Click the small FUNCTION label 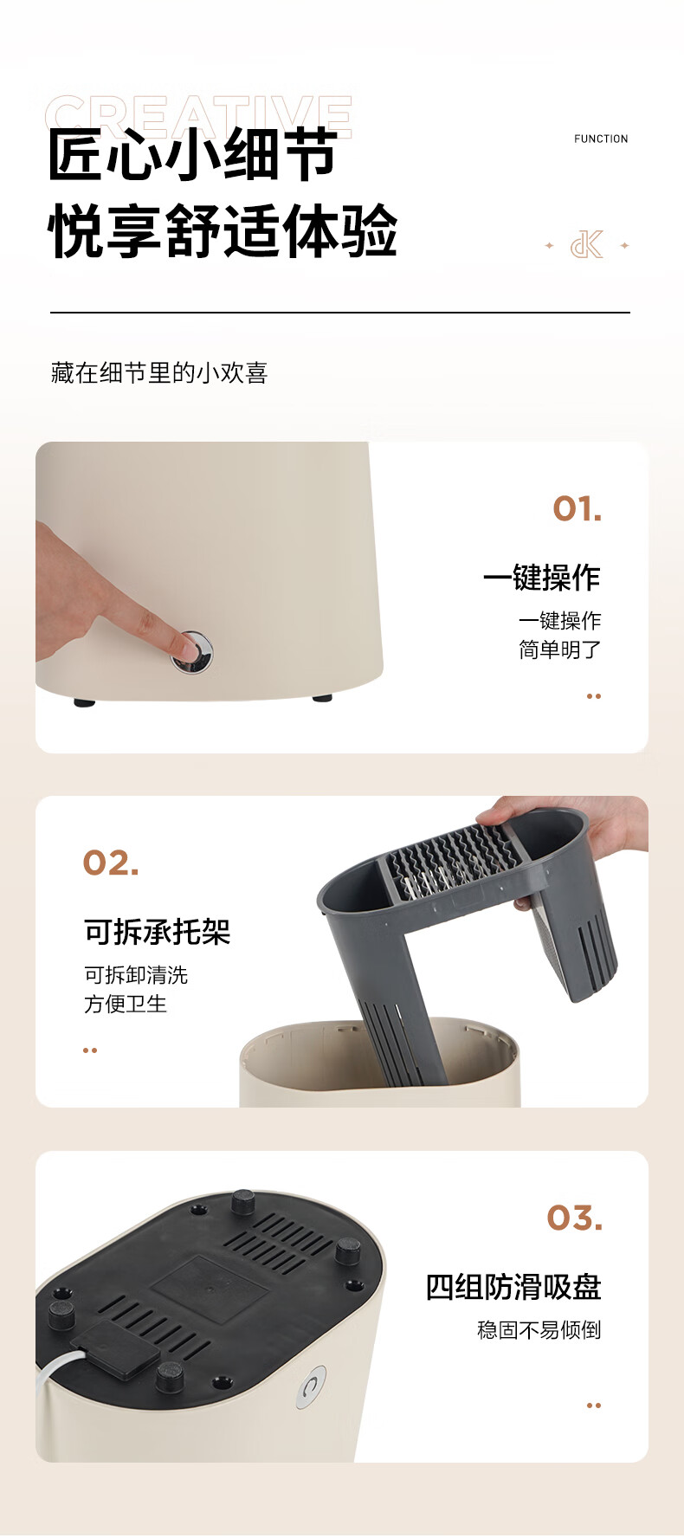(601, 139)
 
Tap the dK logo (586, 245)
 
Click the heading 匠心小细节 (192, 155)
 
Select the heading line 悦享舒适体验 (223, 231)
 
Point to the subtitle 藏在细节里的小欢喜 (159, 373)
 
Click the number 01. (578, 509)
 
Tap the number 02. (111, 863)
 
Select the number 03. (575, 1218)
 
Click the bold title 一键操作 (542, 578)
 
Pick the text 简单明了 (560, 649)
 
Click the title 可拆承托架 (158, 932)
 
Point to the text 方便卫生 (126, 1004)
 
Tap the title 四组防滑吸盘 (513, 1287)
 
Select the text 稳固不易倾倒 (539, 1330)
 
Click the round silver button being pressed (192, 653)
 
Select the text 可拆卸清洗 (136, 975)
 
